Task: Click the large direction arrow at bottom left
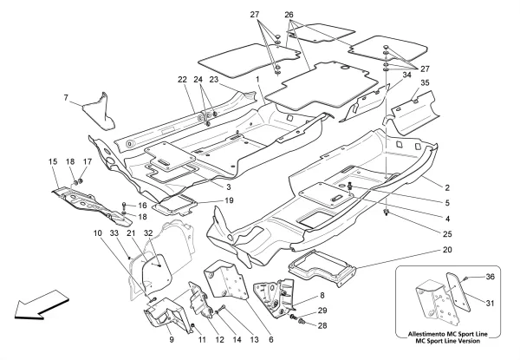(42, 305)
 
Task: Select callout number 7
(66, 97)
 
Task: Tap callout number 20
(447, 250)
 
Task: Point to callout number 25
(447, 234)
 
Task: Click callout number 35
(425, 82)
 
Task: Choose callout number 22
(182, 80)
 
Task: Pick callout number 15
(53, 161)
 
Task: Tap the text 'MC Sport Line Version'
(448, 341)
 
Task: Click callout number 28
(322, 326)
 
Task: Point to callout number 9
(172, 340)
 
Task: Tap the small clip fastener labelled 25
(386, 212)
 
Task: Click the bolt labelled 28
(302, 321)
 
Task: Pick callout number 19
(229, 200)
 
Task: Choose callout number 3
(229, 187)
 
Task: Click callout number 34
(407, 75)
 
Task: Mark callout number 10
(97, 233)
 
